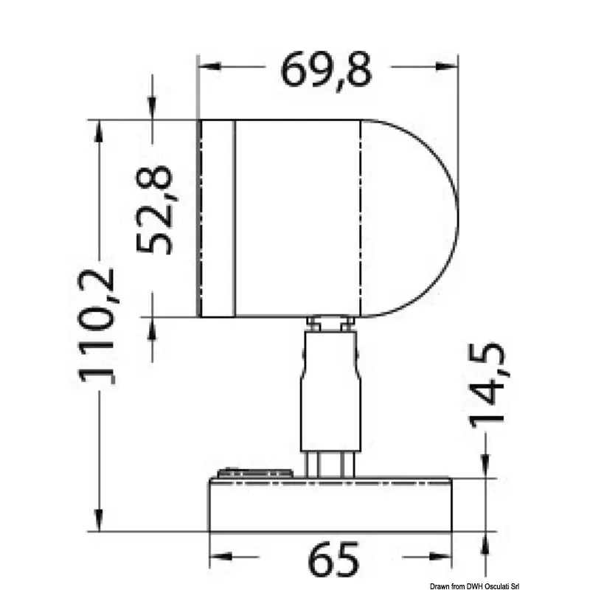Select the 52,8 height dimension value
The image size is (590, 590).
[x=154, y=209]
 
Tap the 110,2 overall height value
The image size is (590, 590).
[x=96, y=326]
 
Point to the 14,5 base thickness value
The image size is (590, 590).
[x=488, y=385]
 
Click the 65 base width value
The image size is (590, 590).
[x=333, y=559]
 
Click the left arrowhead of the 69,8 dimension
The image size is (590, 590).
[x=209, y=66]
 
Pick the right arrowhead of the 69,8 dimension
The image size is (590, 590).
[x=447, y=66]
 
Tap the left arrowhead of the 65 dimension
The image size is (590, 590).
[x=221, y=556]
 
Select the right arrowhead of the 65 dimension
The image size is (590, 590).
[x=440, y=556]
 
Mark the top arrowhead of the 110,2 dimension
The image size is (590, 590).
[x=99, y=131]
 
